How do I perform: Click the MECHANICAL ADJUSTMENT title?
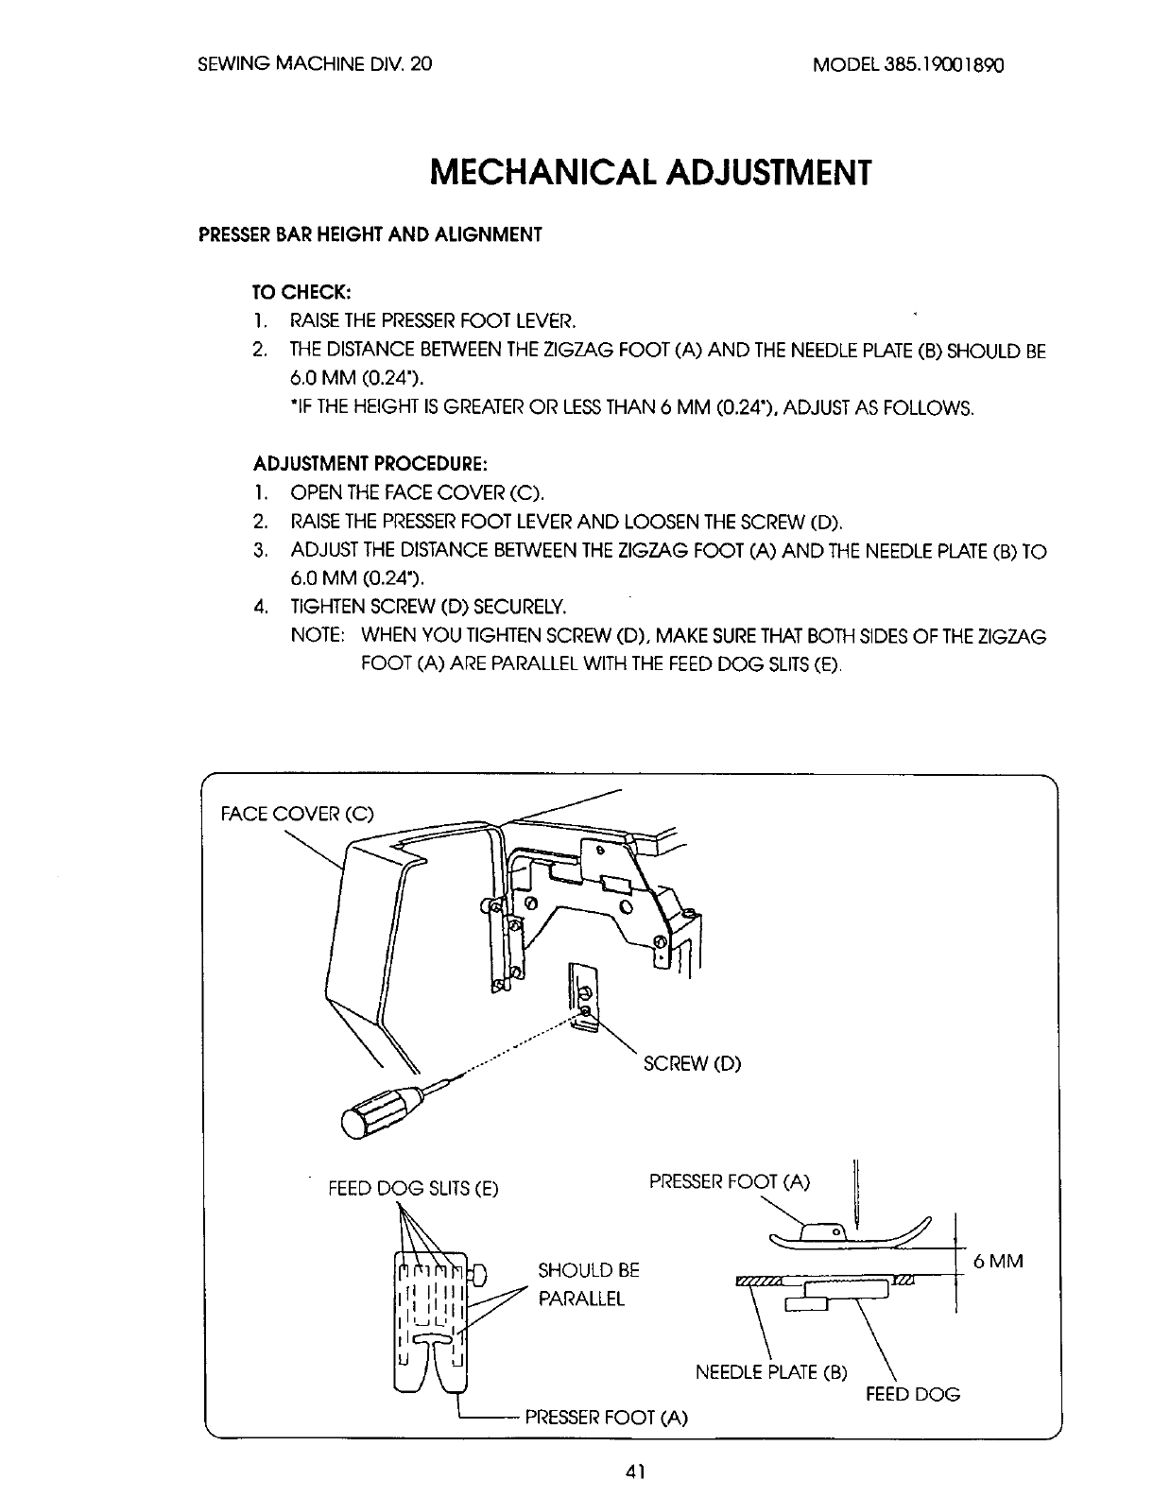point(647,173)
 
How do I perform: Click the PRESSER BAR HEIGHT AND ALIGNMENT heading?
point(370,234)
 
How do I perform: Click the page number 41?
point(634,1470)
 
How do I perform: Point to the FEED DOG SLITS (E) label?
point(412,1188)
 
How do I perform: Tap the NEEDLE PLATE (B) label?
point(771,1371)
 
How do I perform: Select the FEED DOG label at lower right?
point(913,1394)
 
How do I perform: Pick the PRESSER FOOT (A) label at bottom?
point(606,1417)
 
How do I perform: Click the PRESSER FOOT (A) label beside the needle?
point(730,1181)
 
